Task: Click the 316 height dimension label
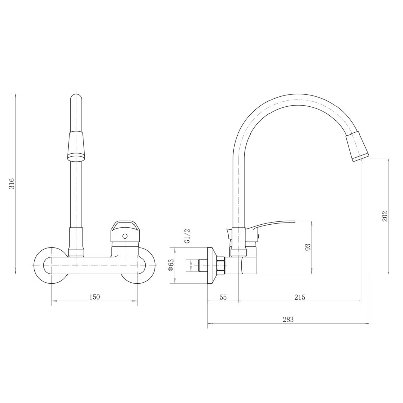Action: click(x=12, y=183)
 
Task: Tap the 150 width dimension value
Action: click(x=94, y=297)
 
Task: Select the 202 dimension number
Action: click(x=385, y=217)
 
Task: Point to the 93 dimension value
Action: click(x=308, y=247)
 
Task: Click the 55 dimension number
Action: click(x=223, y=297)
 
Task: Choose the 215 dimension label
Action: click(x=300, y=297)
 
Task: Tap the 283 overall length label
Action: click(x=288, y=319)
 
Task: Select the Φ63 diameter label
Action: click(x=171, y=265)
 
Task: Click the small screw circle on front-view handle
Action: click(x=125, y=236)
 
